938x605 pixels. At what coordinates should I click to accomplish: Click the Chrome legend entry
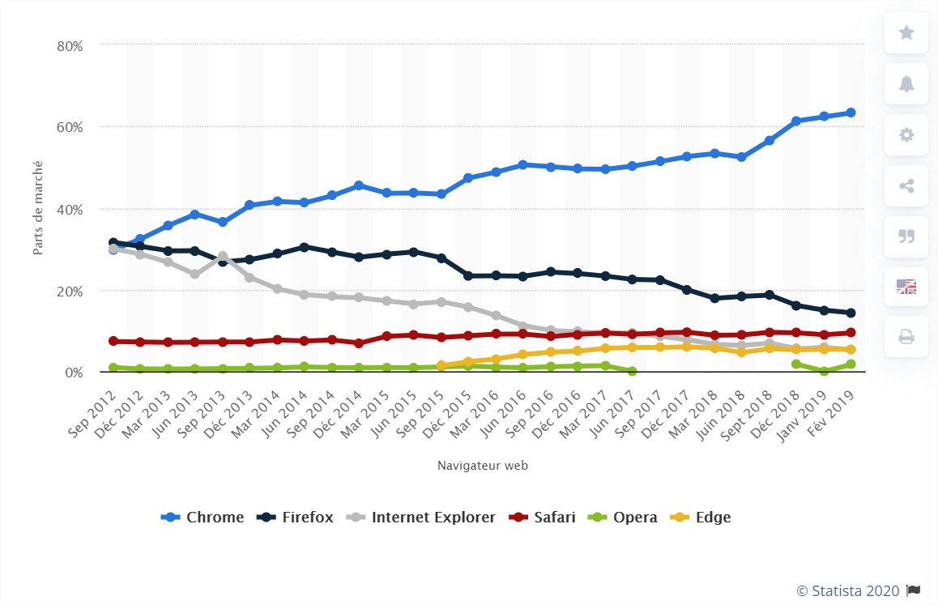[x=203, y=517]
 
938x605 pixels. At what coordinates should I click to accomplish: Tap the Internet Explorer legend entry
[x=422, y=517]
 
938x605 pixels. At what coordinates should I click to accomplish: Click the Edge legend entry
[x=702, y=517]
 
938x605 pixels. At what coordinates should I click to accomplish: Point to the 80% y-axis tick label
[x=70, y=46]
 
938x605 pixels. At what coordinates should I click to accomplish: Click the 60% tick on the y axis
[x=70, y=127]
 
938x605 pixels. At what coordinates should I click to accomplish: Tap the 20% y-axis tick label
[x=70, y=291]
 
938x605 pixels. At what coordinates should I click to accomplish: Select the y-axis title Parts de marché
[x=38, y=208]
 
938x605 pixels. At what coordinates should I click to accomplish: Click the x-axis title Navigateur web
[x=483, y=466]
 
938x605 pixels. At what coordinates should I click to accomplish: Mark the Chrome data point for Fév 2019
[x=851, y=113]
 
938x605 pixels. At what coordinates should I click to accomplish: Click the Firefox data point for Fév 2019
[x=851, y=313]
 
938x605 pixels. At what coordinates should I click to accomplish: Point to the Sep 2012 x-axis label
[x=94, y=404]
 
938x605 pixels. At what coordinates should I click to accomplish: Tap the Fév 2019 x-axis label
[x=835, y=404]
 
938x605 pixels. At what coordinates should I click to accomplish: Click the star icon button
[x=906, y=33]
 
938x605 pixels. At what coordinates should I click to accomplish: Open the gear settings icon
[x=906, y=134]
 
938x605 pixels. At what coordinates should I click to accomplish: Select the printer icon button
[x=906, y=337]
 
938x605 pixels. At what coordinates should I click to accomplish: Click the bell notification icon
[x=906, y=84]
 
